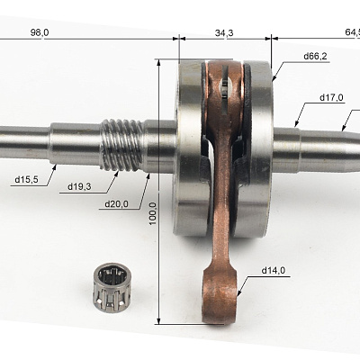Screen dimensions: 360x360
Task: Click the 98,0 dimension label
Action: point(40,32)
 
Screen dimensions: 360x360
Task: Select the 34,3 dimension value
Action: point(224,32)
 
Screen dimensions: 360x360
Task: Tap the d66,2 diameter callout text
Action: point(315,56)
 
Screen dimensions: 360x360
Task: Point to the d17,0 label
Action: point(332,97)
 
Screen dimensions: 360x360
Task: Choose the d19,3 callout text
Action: point(79,187)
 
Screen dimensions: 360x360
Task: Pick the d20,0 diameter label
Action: point(116,204)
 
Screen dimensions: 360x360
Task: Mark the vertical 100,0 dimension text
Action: point(153,213)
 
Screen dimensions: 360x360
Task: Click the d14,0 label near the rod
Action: point(274,271)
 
